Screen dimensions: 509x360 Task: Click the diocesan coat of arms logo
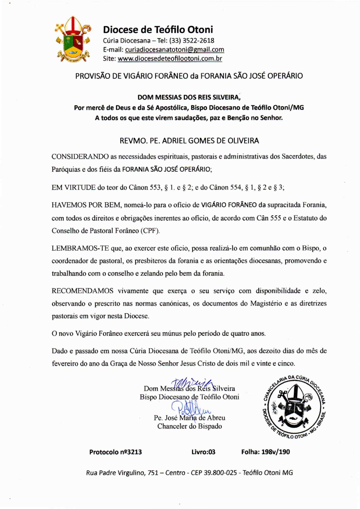click(73, 39)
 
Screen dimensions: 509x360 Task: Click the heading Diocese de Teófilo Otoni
click(158, 30)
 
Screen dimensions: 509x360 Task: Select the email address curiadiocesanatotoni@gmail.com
click(174, 50)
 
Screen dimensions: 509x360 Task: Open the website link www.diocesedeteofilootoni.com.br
click(170, 59)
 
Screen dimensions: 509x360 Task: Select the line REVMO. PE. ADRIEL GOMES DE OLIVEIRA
click(189, 141)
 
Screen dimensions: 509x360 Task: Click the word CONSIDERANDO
click(80, 157)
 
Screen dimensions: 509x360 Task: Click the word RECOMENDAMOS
click(82, 291)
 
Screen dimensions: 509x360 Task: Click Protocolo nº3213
click(116, 452)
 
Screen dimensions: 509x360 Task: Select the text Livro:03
click(203, 452)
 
